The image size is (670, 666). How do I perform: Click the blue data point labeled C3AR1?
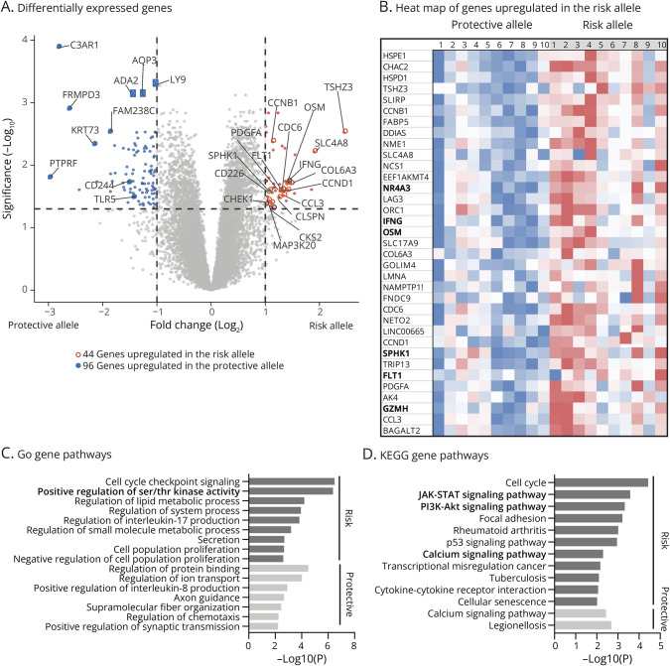[60, 46]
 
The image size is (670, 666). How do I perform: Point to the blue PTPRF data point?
[50, 177]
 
